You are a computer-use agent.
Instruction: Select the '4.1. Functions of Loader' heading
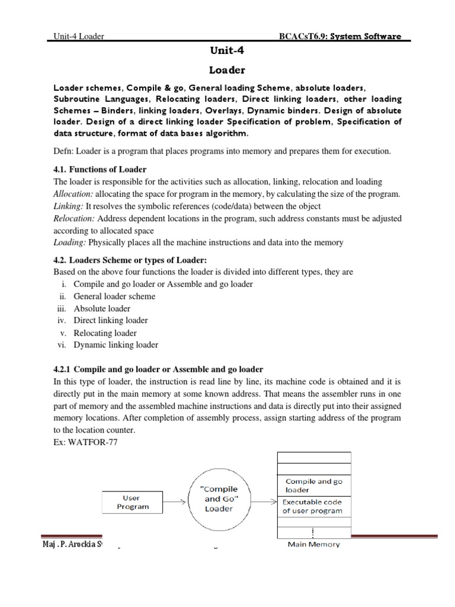(x=100, y=170)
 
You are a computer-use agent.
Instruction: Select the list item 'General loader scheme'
(x=114, y=296)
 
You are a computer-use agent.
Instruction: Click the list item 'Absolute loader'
(x=102, y=308)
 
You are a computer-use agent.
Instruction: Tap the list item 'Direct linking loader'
(x=111, y=321)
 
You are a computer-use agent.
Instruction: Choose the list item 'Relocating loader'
(x=105, y=333)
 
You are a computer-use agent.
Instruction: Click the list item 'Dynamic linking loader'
(x=116, y=345)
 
